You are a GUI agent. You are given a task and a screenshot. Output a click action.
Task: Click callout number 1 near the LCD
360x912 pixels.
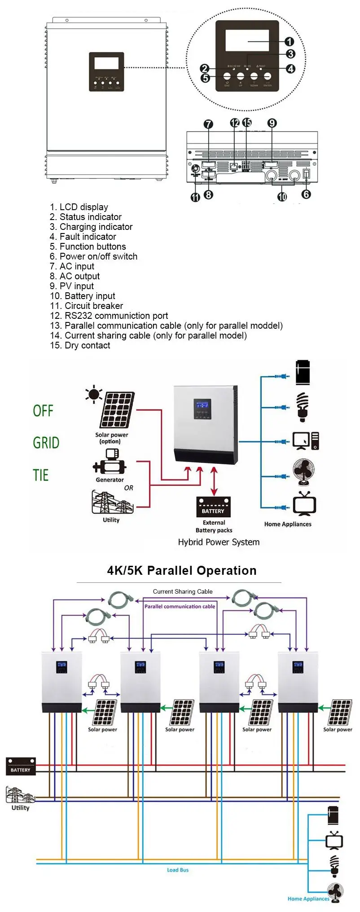click(x=290, y=42)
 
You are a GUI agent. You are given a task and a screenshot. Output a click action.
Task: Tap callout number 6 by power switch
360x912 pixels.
click(x=306, y=194)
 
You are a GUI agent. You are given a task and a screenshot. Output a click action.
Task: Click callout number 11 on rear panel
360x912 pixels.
click(x=195, y=197)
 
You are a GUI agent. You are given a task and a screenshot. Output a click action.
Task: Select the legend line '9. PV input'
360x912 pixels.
click(x=72, y=286)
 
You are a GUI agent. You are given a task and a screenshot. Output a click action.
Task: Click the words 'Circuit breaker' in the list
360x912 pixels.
click(x=94, y=306)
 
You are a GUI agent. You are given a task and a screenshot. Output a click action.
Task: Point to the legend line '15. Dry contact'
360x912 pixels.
click(x=80, y=345)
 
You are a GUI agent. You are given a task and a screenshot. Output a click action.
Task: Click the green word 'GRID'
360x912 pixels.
click(x=46, y=443)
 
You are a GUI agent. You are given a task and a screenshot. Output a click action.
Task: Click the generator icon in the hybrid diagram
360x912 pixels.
click(x=109, y=463)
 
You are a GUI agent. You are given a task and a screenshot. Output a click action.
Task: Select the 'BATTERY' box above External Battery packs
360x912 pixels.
click(x=213, y=507)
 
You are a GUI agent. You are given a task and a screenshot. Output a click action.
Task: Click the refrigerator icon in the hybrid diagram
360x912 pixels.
click(x=303, y=372)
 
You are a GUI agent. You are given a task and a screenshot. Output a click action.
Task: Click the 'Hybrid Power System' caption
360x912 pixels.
click(x=219, y=542)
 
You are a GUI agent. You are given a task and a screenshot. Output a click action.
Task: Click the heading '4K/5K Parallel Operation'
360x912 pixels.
click(x=182, y=570)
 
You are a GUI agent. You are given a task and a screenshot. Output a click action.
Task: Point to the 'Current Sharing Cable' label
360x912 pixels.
click(x=183, y=591)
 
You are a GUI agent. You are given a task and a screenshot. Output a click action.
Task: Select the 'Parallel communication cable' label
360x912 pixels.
click(x=180, y=606)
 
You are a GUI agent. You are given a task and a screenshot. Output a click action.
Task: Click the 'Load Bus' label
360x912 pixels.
click(x=178, y=870)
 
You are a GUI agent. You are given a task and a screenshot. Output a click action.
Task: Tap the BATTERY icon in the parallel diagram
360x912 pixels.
click(x=21, y=766)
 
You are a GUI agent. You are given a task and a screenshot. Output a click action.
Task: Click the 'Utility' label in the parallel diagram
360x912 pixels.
click(x=20, y=807)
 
